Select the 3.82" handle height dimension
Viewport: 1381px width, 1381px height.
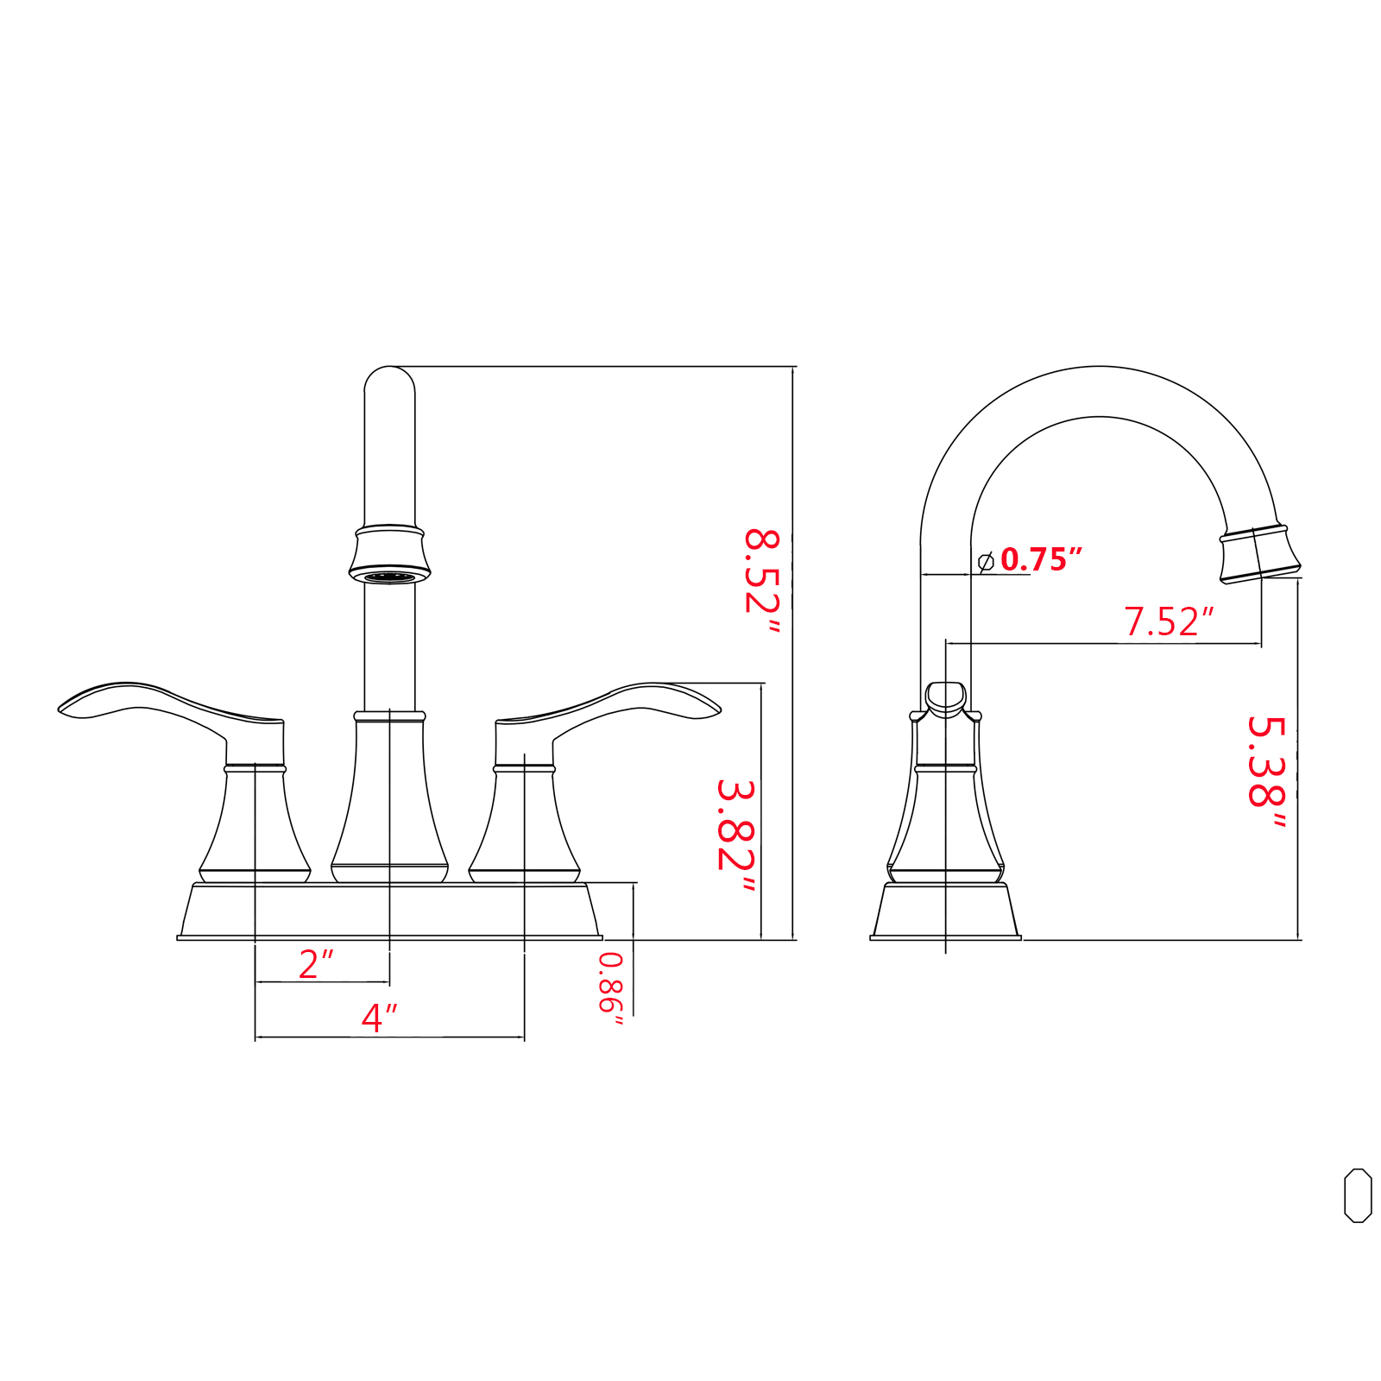click(x=735, y=836)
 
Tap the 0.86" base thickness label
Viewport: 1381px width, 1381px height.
click(x=610, y=988)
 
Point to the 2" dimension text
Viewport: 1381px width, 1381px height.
click(x=316, y=964)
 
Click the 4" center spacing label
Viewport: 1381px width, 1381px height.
click(x=379, y=1018)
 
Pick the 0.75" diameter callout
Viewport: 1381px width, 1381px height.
click(x=1040, y=559)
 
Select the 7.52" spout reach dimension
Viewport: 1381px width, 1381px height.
click(x=1168, y=621)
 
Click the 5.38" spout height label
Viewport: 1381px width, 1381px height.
click(x=1266, y=772)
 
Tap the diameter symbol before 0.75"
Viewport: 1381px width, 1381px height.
click(x=986, y=561)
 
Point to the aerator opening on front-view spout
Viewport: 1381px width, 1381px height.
click(x=389, y=577)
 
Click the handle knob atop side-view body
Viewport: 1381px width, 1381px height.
click(x=945, y=698)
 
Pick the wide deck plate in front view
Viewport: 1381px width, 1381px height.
click(x=389, y=911)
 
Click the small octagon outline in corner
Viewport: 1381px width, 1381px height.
click(x=1358, y=1195)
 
